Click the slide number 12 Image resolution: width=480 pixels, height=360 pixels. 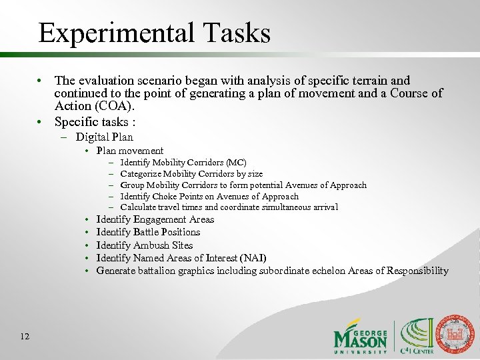coord(25,336)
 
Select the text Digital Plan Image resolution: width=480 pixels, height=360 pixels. coord(104,137)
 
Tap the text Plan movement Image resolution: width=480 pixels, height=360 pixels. coord(130,151)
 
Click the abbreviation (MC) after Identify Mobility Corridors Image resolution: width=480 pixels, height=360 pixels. coord(236,163)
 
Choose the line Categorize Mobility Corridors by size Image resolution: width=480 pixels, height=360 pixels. coord(191,174)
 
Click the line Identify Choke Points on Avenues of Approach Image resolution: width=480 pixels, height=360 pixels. coord(209,197)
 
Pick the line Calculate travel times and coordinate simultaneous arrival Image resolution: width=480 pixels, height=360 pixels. coord(229,207)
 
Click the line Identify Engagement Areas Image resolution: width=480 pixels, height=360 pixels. coord(155,219)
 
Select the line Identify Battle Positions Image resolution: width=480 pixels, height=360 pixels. coord(148,232)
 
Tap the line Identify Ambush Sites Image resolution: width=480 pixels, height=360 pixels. coord(145,245)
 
